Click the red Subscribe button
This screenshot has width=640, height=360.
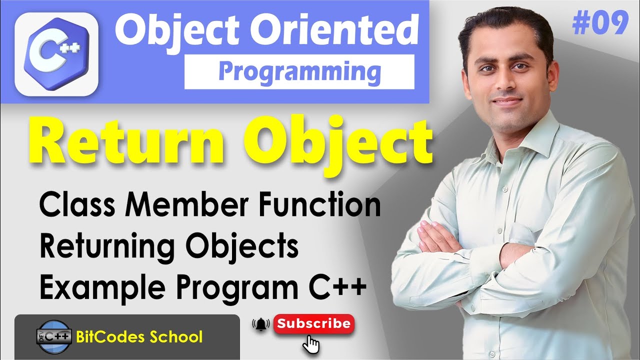pyautogui.click(x=314, y=323)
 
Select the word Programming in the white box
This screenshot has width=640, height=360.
pyautogui.click(x=299, y=71)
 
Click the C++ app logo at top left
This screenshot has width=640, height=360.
pyautogui.click(x=56, y=52)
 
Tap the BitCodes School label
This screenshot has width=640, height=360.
pyautogui.click(x=139, y=336)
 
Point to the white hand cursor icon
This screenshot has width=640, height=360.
pyautogui.click(x=312, y=344)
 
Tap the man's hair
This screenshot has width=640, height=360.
pyautogui.click(x=505, y=30)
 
